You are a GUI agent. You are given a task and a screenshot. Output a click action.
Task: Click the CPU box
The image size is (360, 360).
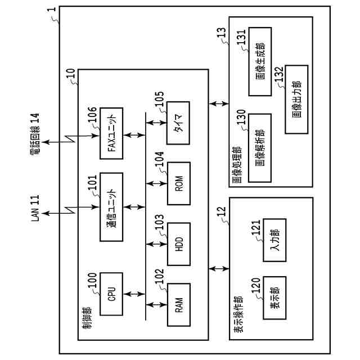tap(111, 294)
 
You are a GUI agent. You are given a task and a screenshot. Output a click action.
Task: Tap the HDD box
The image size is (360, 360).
tap(179, 244)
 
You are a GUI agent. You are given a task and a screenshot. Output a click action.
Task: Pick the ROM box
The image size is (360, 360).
tap(179, 183)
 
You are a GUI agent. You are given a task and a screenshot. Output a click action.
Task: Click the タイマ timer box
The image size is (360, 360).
tap(178, 123)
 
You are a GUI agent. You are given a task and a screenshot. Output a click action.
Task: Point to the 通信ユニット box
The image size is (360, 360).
tap(111, 206)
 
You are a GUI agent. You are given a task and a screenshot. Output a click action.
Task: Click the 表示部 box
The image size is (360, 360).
tap(274, 298)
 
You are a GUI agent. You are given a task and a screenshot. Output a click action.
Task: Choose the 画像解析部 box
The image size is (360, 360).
tap(259, 147)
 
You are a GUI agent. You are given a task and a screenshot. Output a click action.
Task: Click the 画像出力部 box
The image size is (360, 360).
tap(296, 99)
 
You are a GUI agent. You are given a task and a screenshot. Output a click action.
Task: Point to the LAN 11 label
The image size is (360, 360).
tap(35, 208)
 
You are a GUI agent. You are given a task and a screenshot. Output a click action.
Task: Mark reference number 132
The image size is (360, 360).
tap(280, 74)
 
